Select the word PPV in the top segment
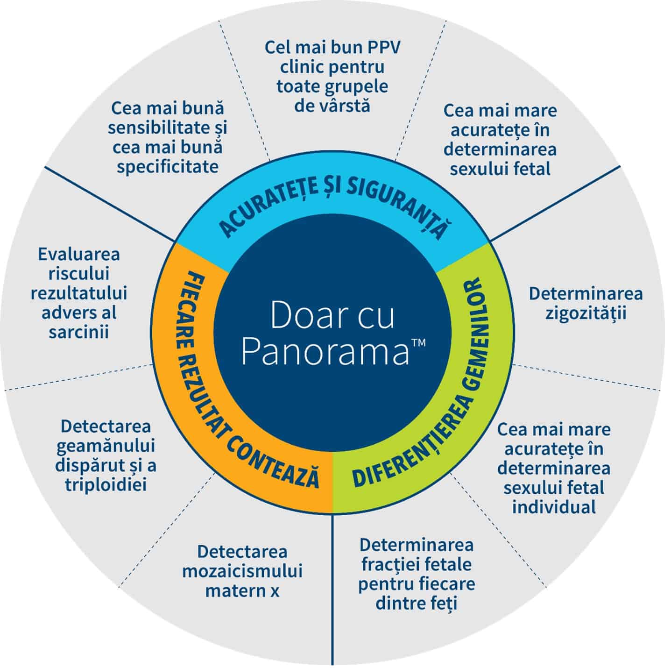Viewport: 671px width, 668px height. point(377,48)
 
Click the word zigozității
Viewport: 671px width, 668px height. point(586,313)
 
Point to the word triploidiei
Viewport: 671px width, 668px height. point(106,485)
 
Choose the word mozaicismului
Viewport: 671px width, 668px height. point(242,571)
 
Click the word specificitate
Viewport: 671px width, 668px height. point(168,167)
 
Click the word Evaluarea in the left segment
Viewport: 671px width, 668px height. point(79,255)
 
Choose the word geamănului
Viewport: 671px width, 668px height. point(106,446)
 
